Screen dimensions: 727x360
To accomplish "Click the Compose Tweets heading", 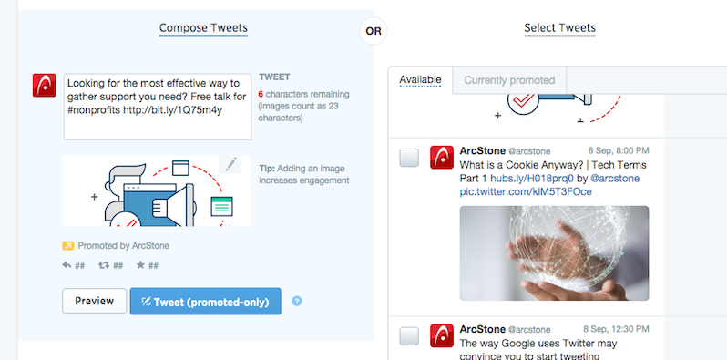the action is pos(203,28).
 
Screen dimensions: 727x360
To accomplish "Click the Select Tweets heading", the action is pos(559,28).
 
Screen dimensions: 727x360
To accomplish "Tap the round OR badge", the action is pos(374,31).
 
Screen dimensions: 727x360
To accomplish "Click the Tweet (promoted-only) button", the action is pos(205,302).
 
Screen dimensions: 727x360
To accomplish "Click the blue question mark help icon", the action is pos(297,301).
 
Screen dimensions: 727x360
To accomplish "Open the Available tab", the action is pos(420,80).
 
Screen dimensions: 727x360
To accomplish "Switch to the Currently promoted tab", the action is pos(509,80).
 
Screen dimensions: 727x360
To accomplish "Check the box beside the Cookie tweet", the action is pos(409,158).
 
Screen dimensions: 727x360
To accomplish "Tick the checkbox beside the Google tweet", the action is pos(409,336).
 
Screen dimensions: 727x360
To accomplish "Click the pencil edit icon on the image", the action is pos(230,165).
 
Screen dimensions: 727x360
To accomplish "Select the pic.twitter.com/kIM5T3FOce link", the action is pos(526,191).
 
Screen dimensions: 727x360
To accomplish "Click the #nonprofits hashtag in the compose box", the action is pos(94,110).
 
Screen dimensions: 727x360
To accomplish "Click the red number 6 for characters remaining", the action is pos(261,94).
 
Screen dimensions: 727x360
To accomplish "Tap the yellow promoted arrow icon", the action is pos(68,245).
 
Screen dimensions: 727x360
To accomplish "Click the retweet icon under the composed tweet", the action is pos(104,265).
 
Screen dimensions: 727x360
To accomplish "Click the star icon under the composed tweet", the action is pos(141,265).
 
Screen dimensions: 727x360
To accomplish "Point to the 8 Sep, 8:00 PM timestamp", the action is pos(619,150).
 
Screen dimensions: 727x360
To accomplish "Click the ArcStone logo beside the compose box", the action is pos(44,86).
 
